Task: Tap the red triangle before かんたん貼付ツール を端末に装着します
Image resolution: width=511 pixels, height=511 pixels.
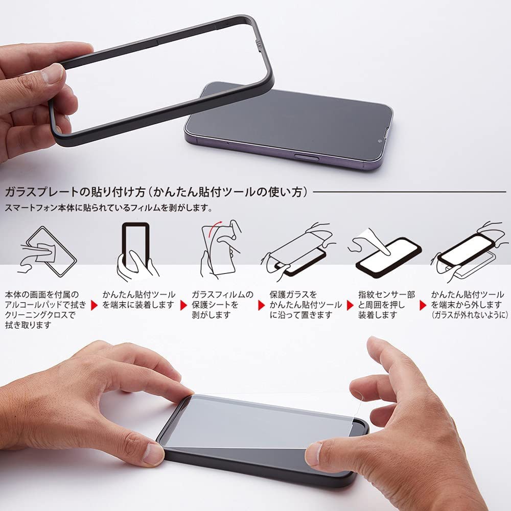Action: point(94,305)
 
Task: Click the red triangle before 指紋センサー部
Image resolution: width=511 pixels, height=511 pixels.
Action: point(351,305)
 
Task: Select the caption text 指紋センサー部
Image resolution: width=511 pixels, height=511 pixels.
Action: point(387,295)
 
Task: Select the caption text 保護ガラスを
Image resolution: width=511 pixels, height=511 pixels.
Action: point(293,295)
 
